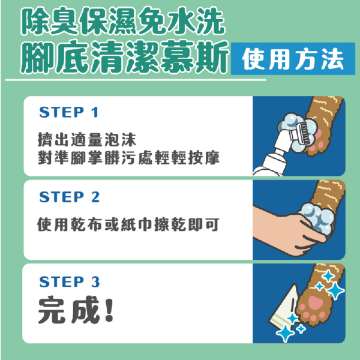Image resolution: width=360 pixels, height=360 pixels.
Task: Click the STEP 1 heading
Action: [x=68, y=113]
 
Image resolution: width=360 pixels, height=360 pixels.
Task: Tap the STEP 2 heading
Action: [x=69, y=197]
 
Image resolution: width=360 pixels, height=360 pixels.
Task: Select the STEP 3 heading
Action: [x=69, y=282]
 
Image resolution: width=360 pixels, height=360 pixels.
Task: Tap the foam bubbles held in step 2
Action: [x=317, y=215]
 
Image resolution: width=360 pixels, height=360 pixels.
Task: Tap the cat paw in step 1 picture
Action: [x=325, y=129]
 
